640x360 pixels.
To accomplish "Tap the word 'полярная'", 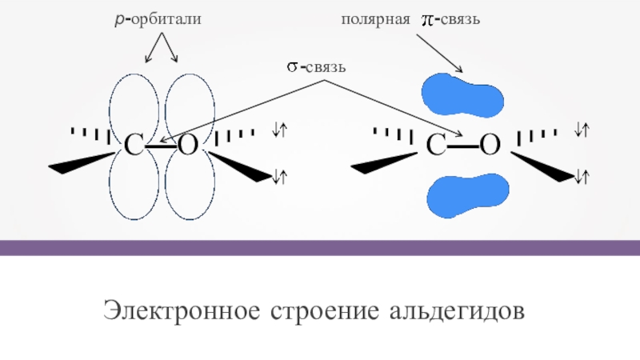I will click(x=376, y=18).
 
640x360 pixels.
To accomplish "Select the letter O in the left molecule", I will click(x=187, y=146).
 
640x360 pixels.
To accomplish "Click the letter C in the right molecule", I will click(x=437, y=146).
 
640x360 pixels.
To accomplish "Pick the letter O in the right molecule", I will click(x=490, y=146).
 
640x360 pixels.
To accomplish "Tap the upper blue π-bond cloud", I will click(x=463, y=94).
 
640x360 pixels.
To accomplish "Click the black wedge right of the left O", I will click(x=243, y=166).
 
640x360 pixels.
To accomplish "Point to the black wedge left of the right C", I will click(x=385, y=165).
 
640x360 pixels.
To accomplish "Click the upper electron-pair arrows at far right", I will click(x=582, y=128).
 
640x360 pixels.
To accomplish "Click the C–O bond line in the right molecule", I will click(x=464, y=146).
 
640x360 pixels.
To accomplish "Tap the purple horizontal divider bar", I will click(x=320, y=247).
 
